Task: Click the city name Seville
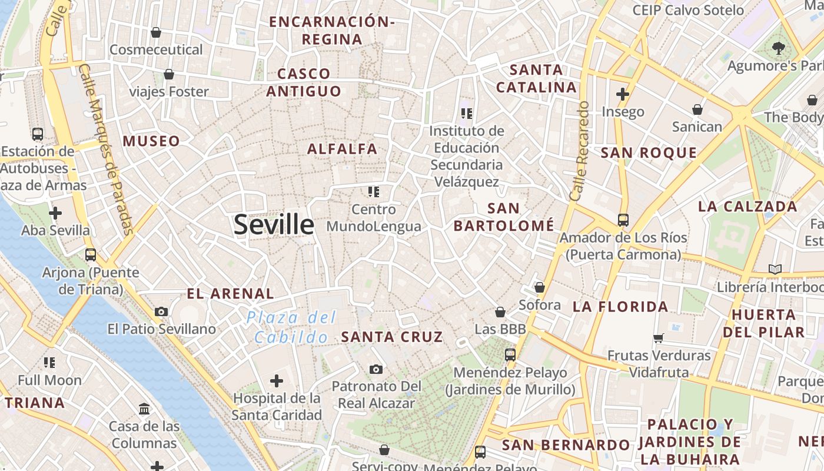pyautogui.click(x=274, y=225)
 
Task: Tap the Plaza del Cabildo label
pyautogui.click(x=291, y=327)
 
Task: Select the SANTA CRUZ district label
pyautogui.click(x=392, y=337)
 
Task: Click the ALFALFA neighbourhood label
pyautogui.click(x=343, y=148)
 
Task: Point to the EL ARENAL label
pyautogui.click(x=230, y=293)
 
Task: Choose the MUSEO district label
pyautogui.click(x=151, y=141)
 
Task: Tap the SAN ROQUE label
pyautogui.click(x=649, y=153)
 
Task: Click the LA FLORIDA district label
pyautogui.click(x=620, y=306)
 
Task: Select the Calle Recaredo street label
pyautogui.click(x=580, y=151)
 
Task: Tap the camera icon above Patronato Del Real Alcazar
pyautogui.click(x=376, y=369)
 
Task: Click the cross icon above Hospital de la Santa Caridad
pyautogui.click(x=276, y=381)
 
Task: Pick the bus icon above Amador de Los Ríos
pyautogui.click(x=623, y=220)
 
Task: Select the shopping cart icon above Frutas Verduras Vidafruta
pyautogui.click(x=659, y=338)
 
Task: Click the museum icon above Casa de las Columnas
pyautogui.click(x=144, y=409)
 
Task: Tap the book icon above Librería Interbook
pyautogui.click(x=775, y=270)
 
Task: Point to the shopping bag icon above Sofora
pyautogui.click(x=539, y=288)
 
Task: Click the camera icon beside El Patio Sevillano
pyautogui.click(x=161, y=311)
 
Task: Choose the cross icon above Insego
pyautogui.click(x=623, y=94)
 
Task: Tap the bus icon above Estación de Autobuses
pyautogui.click(x=38, y=134)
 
